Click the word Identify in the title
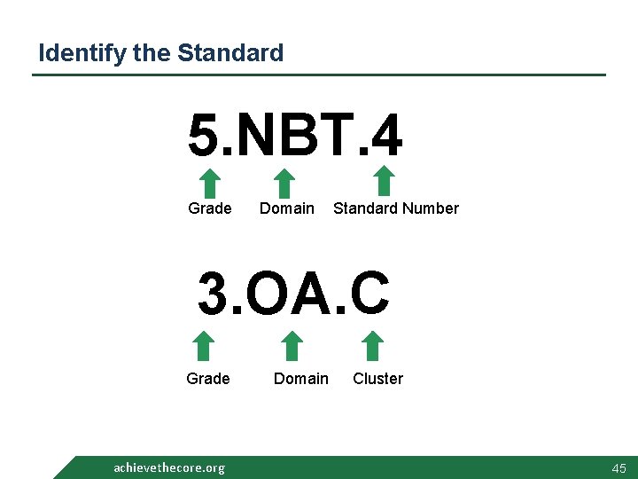[x=82, y=53]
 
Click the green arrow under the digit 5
[x=209, y=184]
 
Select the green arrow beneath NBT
[x=284, y=184]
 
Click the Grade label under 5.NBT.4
[x=210, y=208]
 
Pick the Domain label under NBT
[x=286, y=208]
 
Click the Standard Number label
[x=395, y=208]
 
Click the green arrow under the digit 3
[x=205, y=347]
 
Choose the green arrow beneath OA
[x=292, y=347]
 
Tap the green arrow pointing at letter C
[x=373, y=347]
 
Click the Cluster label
[x=377, y=379]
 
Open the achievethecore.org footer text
[x=169, y=467]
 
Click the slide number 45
[x=618, y=467]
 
